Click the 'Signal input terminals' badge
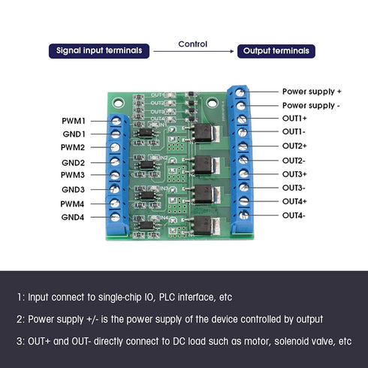[x=100, y=51]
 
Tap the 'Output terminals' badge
[x=276, y=51]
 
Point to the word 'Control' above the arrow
[x=192, y=44]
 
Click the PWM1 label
[x=73, y=120]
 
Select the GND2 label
[x=73, y=162]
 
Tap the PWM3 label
[x=73, y=176]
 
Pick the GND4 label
[x=73, y=217]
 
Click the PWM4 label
[x=73, y=204]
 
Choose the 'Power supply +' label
[x=312, y=91]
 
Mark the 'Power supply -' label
[x=311, y=105]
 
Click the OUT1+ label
[x=294, y=119]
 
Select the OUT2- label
[x=294, y=160]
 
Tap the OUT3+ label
[x=294, y=173]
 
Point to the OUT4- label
[x=294, y=216]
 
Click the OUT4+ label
[x=294, y=201]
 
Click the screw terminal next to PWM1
[x=116, y=120]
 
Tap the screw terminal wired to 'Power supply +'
[x=240, y=92]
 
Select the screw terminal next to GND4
[x=116, y=217]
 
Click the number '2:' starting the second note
[x=20, y=319]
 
